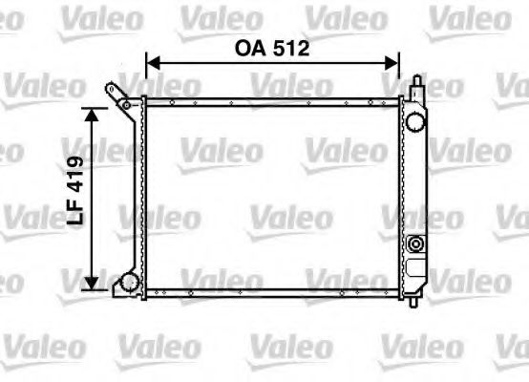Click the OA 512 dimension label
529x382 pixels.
272,48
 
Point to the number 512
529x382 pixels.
292,48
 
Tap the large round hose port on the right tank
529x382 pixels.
414,122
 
